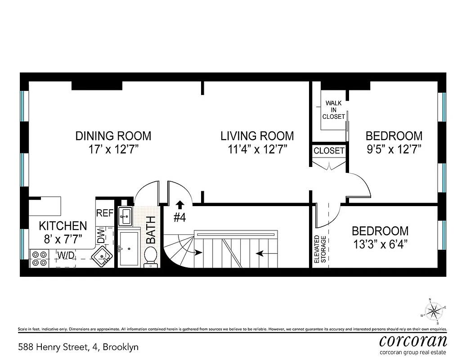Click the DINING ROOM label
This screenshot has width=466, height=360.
pos(113,135)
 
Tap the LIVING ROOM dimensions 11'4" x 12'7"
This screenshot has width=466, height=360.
pos(257,149)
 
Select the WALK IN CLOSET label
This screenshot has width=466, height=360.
pos(333,110)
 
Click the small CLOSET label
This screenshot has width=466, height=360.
pos(329,151)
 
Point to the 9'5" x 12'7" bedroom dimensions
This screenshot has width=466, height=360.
pos(394,149)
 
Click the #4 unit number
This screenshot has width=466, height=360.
pos(180,217)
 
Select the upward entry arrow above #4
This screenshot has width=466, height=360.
pos(180,205)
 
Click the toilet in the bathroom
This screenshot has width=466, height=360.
pos(150,256)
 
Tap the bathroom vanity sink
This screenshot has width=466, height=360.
pos(125,216)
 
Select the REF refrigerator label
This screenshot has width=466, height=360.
pos(105,213)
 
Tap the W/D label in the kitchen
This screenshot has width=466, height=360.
pos(65,255)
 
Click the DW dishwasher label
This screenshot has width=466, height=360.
pos(101,235)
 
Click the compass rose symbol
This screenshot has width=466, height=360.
pos(434,310)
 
